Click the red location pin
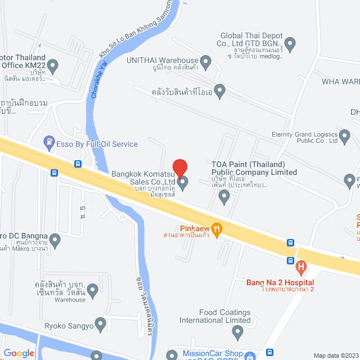tap(179, 168)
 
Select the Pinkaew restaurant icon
tap(218, 229)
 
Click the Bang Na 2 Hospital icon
tap(301, 266)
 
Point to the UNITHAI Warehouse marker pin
tap(205, 61)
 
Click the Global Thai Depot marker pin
tap(290, 43)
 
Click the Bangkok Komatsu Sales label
tap(144, 178)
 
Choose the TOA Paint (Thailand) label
tap(254, 168)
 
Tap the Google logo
tap(19, 353)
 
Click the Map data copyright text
tap(335, 355)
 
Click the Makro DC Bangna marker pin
tap(55, 241)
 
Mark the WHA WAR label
tap(340, 82)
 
